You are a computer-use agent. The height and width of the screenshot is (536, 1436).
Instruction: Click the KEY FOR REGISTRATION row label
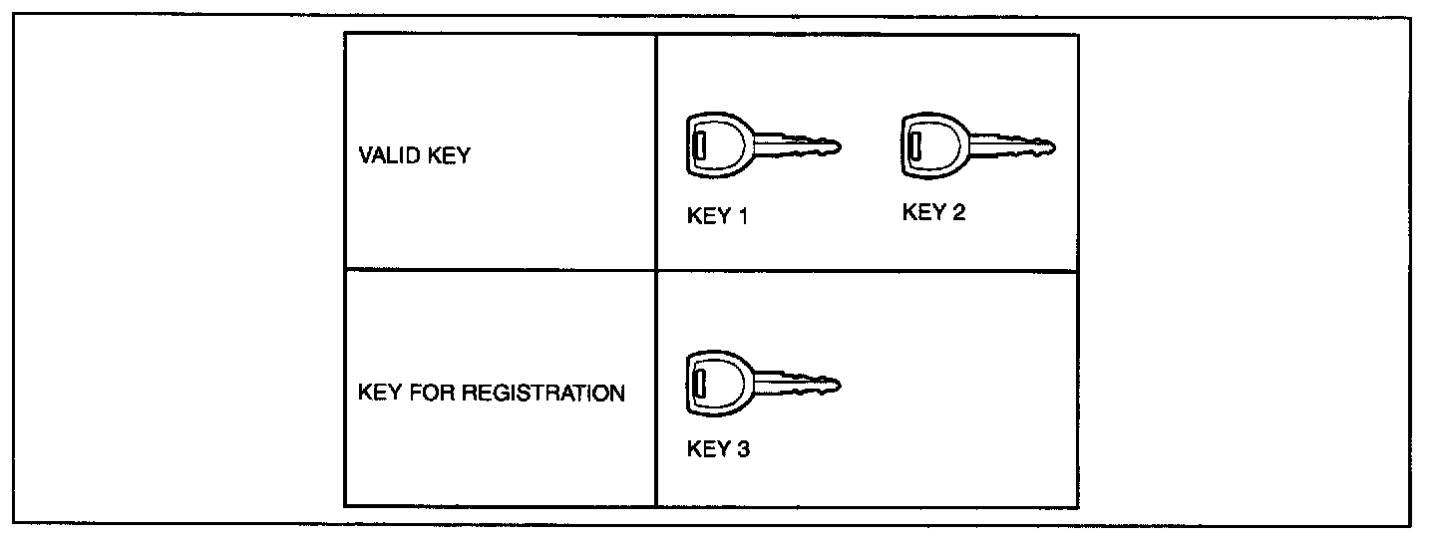[x=491, y=393]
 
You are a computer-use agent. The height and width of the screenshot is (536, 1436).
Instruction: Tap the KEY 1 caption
[x=717, y=217]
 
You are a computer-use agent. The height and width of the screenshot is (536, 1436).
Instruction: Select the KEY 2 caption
[x=933, y=212]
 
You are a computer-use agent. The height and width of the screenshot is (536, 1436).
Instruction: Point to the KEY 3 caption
[x=718, y=448]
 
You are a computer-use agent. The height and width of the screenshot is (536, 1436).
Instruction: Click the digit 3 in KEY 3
[x=743, y=448]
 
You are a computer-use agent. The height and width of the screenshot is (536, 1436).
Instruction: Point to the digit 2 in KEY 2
[x=958, y=212]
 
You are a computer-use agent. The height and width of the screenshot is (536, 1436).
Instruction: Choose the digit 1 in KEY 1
[x=742, y=217]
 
